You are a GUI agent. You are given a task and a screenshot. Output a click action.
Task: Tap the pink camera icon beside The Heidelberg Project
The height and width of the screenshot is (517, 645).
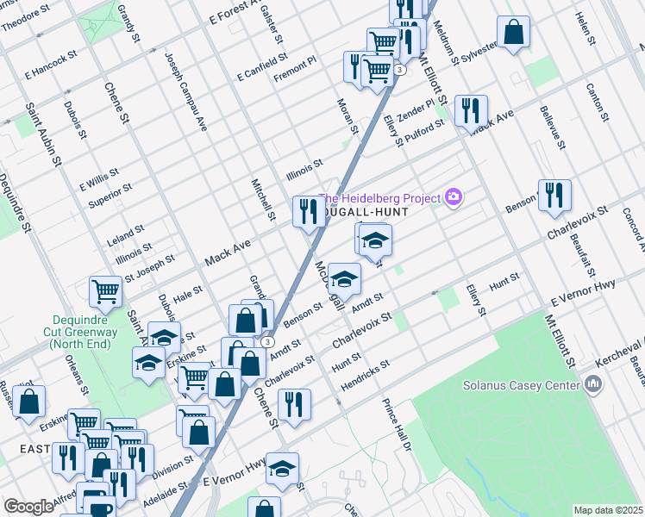click(x=454, y=198)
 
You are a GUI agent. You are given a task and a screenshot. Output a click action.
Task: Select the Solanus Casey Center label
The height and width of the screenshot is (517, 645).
click(x=520, y=385)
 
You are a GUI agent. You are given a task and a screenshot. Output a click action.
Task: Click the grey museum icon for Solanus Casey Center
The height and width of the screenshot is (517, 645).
click(x=592, y=383)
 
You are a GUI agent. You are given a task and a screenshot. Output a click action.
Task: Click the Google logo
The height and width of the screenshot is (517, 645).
click(x=28, y=507)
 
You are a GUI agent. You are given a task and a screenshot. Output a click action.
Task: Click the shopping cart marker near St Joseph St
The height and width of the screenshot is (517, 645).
click(x=105, y=292)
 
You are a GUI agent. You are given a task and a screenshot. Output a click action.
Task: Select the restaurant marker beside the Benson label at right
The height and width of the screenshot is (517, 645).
click(x=554, y=196)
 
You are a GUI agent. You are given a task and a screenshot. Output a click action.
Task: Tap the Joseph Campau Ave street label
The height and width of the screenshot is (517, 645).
click(x=187, y=89)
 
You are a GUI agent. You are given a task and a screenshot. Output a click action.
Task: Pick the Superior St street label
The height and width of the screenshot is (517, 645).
click(x=110, y=196)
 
